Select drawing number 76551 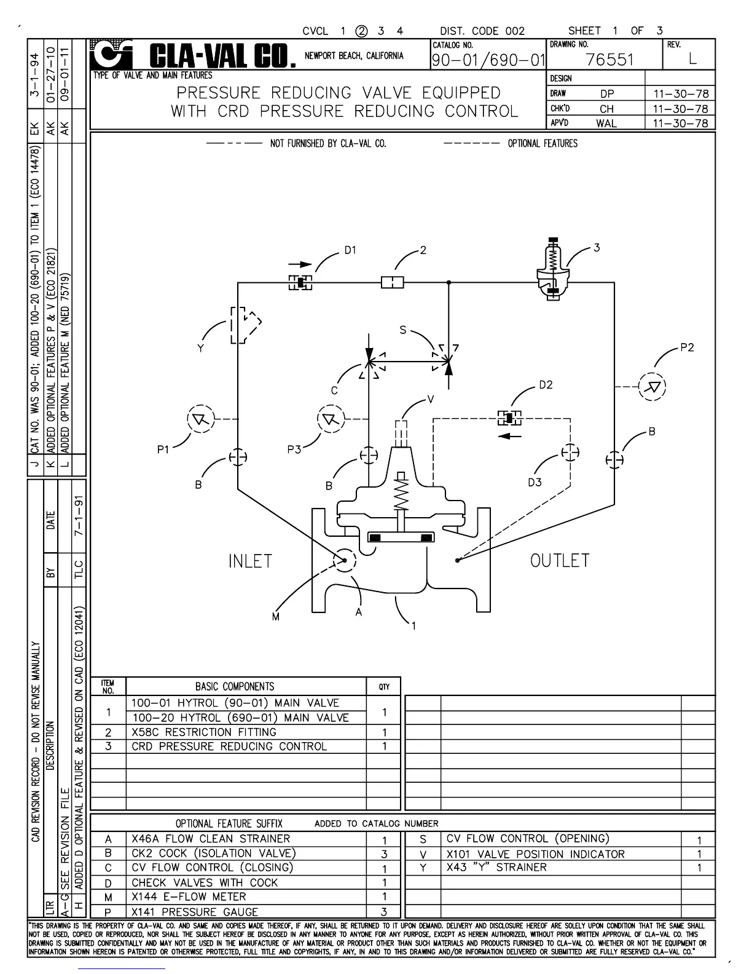[609, 60]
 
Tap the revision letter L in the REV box [693, 59]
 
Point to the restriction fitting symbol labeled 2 [393, 282]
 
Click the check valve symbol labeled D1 [300, 282]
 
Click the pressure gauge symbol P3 [331, 419]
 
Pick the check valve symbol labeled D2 [509, 418]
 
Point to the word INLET [250, 561]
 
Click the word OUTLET [560, 561]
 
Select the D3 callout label [535, 482]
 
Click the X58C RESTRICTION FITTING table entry [204, 732]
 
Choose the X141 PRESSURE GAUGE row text [195, 912]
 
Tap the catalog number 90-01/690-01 [488, 60]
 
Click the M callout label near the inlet [276, 616]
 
